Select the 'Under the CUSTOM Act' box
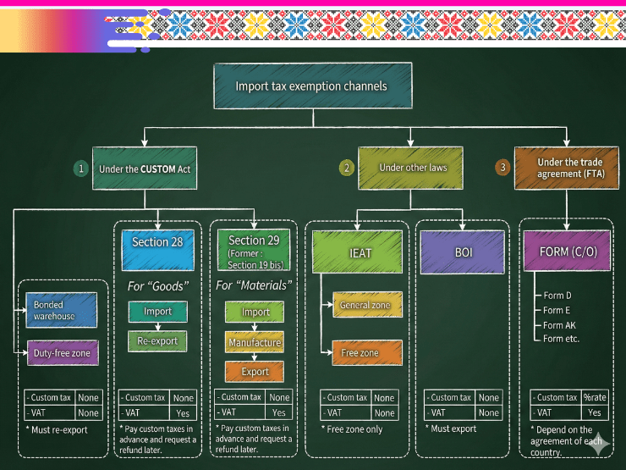coord(145,169)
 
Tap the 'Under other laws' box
coord(412,167)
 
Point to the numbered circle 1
coord(81,169)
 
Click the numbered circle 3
coord(502,168)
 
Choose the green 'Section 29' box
coord(254,249)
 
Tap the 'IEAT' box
coord(360,252)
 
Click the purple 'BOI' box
coord(463,252)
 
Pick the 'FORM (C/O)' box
coord(566,252)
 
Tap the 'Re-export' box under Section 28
coord(156,341)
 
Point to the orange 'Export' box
coord(255,371)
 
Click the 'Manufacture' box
coord(254,342)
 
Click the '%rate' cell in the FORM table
coord(595,397)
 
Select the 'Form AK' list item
coord(559,325)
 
